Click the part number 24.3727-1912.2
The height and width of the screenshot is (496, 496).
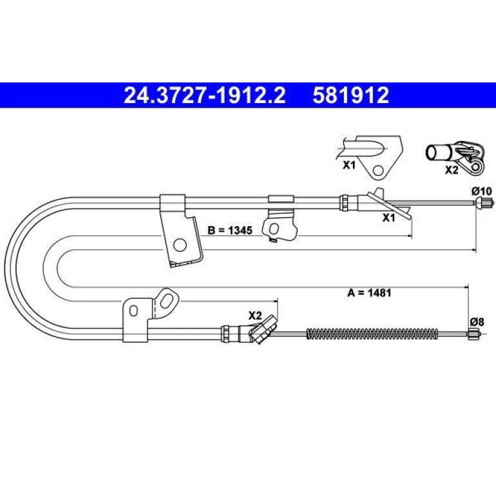click(204, 95)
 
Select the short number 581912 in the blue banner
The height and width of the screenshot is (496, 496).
click(351, 95)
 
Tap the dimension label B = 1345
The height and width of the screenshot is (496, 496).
click(230, 231)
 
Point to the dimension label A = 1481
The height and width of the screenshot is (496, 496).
click(369, 293)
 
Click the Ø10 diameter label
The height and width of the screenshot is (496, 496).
click(482, 191)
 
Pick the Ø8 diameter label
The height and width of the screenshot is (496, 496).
click(477, 322)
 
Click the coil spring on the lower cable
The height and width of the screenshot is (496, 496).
click(372, 334)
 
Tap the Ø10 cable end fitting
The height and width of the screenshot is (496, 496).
click(484, 202)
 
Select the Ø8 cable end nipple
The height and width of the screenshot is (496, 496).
click(473, 334)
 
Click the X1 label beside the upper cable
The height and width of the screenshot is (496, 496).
click(389, 218)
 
